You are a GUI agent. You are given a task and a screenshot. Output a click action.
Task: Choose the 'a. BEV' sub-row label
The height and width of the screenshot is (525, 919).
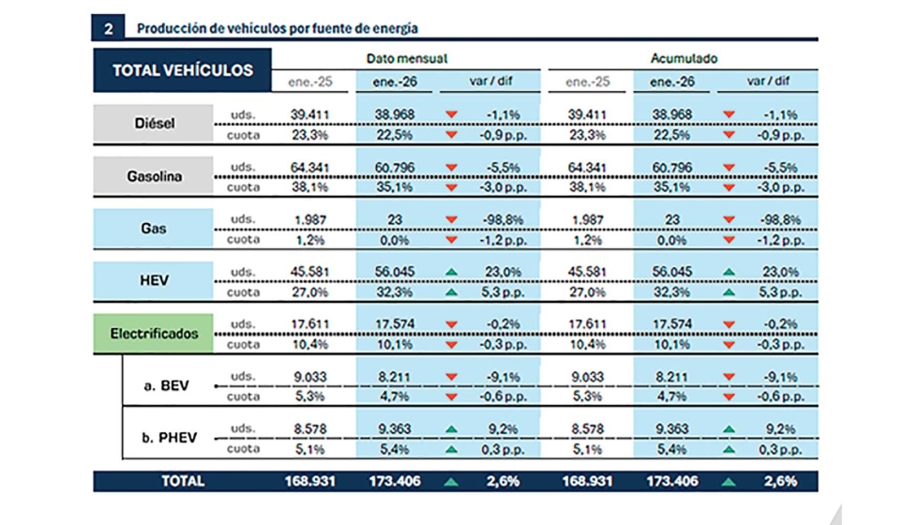[168, 385]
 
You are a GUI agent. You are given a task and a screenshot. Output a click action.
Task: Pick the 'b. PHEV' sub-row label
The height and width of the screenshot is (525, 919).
[168, 438]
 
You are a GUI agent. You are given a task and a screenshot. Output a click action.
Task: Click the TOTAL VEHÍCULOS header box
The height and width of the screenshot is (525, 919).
[182, 70]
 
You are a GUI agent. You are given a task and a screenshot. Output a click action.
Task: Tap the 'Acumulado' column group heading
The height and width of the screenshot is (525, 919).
[684, 58]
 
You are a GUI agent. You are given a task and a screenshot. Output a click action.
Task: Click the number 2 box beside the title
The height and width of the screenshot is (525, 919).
[107, 28]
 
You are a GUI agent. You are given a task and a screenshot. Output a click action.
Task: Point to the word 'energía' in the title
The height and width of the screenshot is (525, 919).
[394, 28]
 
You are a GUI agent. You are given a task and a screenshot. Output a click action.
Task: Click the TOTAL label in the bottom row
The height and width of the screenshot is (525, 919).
[183, 481]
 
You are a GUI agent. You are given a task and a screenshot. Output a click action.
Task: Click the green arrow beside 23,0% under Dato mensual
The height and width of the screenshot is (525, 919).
[453, 272]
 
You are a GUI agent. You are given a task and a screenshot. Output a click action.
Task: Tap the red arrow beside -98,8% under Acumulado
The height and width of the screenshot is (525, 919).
[729, 219]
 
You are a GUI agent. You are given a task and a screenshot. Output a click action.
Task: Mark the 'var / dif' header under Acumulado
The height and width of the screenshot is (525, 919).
[766, 82]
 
